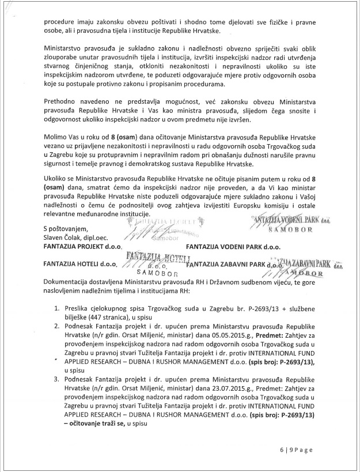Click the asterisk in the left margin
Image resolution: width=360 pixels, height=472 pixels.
(x=55, y=358)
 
